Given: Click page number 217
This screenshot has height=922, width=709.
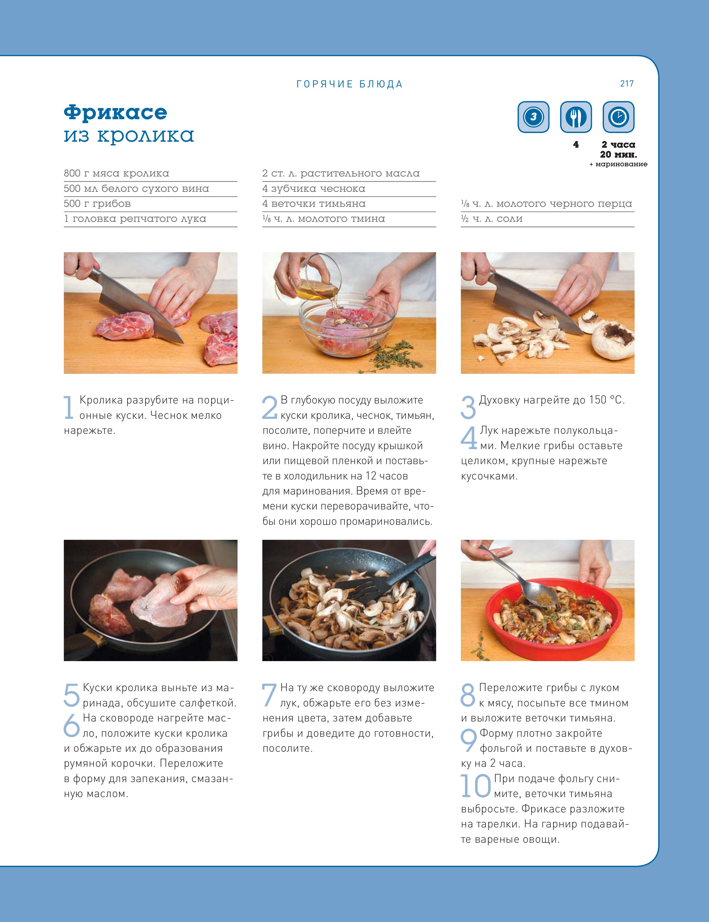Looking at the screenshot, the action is (x=627, y=83).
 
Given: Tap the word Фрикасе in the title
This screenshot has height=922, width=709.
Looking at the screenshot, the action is (x=115, y=112).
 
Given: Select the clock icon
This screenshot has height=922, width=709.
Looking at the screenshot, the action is (x=618, y=117).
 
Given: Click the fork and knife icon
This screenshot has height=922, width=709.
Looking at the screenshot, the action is (x=576, y=117).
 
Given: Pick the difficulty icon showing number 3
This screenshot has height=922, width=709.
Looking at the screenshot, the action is (x=533, y=117).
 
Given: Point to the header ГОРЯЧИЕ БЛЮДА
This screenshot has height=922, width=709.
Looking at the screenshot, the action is (x=349, y=84).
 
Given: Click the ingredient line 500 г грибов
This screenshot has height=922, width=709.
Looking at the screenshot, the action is (x=98, y=204).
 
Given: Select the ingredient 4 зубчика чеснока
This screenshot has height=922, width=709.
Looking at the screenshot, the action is (x=314, y=189).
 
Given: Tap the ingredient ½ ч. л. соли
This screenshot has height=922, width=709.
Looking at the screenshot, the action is (x=492, y=219).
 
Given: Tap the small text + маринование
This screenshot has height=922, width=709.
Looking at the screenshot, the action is (x=618, y=164).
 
